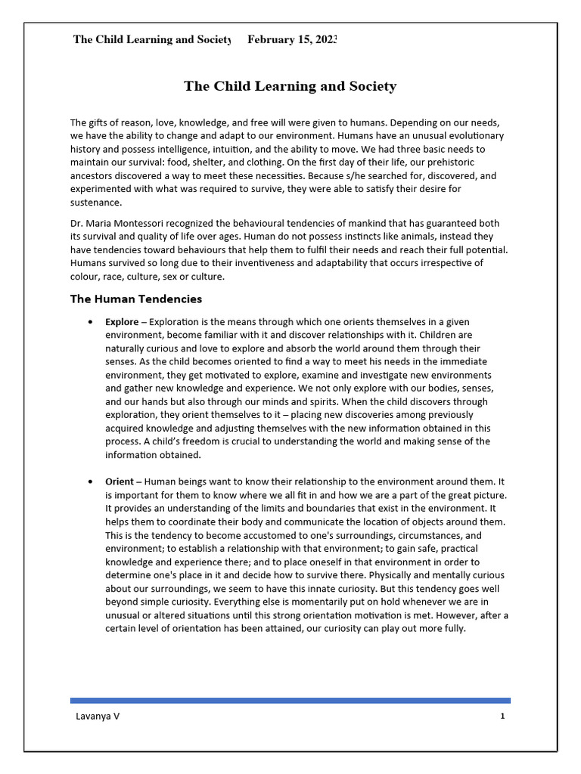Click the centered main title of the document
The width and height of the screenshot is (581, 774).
tap(290, 86)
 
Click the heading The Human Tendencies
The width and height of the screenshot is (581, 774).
tap(136, 299)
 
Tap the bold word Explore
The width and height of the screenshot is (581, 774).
tap(122, 322)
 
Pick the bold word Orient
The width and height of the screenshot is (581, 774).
tap(120, 481)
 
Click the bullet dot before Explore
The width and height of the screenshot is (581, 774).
tap(91, 322)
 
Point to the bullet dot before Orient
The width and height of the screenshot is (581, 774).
tap(91, 481)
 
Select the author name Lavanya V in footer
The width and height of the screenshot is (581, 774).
tap(97, 717)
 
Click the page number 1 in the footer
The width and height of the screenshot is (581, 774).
tap(502, 717)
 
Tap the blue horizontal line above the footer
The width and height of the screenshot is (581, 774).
tap(290, 701)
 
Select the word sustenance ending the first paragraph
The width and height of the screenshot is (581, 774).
tap(95, 203)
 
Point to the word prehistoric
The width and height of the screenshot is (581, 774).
tap(468, 163)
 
